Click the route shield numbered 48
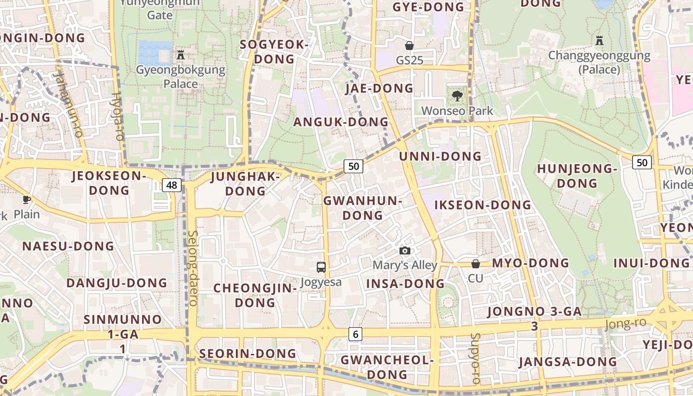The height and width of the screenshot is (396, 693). pos(172,186)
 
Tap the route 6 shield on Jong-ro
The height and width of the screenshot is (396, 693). pos(355,334)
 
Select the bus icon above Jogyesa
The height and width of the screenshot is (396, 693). pos(321,267)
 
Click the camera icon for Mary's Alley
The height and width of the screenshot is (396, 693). pos(405,251)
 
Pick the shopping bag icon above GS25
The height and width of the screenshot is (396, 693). pos(409,46)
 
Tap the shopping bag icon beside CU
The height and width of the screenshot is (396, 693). pos(475,264)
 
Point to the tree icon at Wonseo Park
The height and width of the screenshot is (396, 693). pos(457,96)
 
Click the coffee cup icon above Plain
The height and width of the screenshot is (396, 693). pos(27,199)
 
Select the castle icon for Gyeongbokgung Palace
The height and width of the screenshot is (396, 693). pos(181,55)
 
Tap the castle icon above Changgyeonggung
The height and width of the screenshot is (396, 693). pos(599,41)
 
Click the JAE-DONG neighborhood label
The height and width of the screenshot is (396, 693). pos(379,89)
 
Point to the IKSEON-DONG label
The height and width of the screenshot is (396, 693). pos(483,205)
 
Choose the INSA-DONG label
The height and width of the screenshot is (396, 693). pos(405,284)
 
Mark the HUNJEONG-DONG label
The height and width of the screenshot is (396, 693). pos(577,176)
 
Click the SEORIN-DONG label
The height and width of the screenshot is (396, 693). pos(247,354)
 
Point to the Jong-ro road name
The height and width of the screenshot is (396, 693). pos(625,324)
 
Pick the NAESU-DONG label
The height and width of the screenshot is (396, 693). pos(68,246)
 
